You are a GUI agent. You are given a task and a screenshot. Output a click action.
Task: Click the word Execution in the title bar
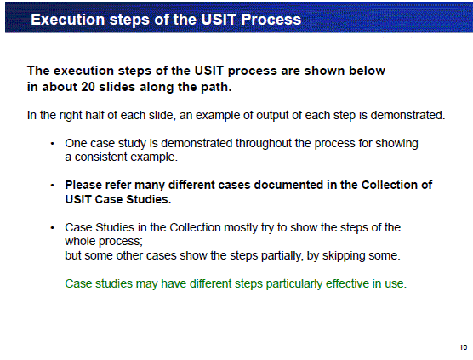[68, 20]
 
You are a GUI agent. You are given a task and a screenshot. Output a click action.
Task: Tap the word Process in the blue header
[271, 20]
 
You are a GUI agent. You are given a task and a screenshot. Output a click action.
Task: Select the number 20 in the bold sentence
[88, 87]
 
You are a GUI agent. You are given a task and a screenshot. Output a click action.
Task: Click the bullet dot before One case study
[53, 144]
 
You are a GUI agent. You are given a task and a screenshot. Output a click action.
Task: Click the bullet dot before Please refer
[53, 186]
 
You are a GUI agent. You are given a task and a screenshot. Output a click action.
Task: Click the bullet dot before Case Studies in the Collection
[53, 228]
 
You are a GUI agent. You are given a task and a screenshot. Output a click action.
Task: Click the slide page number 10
[464, 347]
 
